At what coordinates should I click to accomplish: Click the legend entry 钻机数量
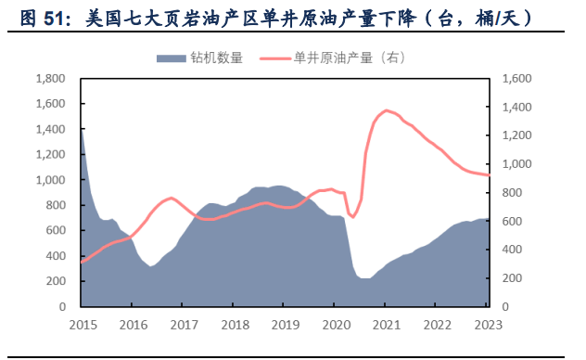(217, 58)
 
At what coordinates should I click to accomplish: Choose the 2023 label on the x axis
(488, 324)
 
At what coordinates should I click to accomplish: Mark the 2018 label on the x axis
(235, 324)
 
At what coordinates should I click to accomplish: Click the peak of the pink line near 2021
(387, 110)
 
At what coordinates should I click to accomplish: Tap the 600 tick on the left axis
(54, 230)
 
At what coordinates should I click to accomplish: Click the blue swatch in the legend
(172, 58)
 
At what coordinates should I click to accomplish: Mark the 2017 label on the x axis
(184, 324)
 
